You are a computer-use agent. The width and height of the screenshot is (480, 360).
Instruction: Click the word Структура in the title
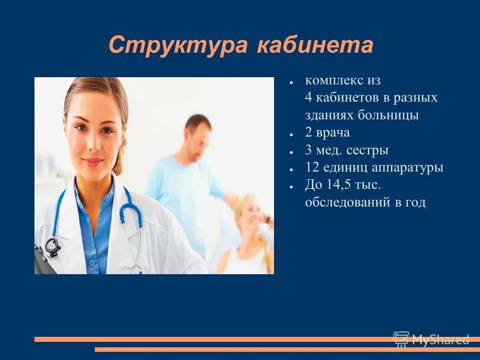click(177, 45)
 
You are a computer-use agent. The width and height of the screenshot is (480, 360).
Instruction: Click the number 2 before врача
click(309, 133)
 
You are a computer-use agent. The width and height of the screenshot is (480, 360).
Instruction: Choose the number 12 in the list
click(312, 168)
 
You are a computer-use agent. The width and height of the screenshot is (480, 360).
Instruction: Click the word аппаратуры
click(407, 168)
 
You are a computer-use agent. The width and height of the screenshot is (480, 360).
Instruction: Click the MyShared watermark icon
click(401, 339)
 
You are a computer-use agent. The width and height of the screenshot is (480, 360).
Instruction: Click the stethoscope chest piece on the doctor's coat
click(53, 245)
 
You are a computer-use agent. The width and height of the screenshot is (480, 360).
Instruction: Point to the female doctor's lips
click(93, 162)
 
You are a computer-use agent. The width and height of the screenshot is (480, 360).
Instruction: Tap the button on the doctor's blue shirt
click(92, 262)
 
